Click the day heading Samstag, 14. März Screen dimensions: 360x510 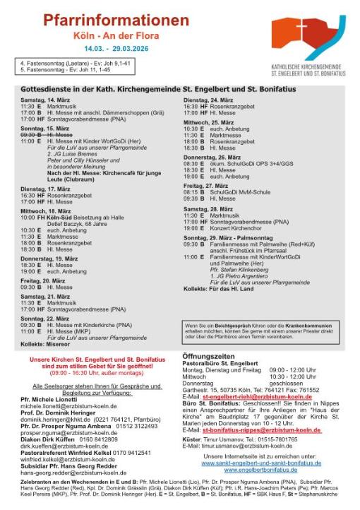(44, 101)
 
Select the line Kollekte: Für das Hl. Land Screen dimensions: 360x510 (220, 289)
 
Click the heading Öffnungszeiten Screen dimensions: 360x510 (210, 357)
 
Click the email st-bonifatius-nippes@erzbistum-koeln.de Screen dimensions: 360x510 (260, 429)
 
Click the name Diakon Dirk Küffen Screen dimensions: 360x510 (49, 439)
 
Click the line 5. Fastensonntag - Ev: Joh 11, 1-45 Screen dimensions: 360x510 (66, 71)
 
